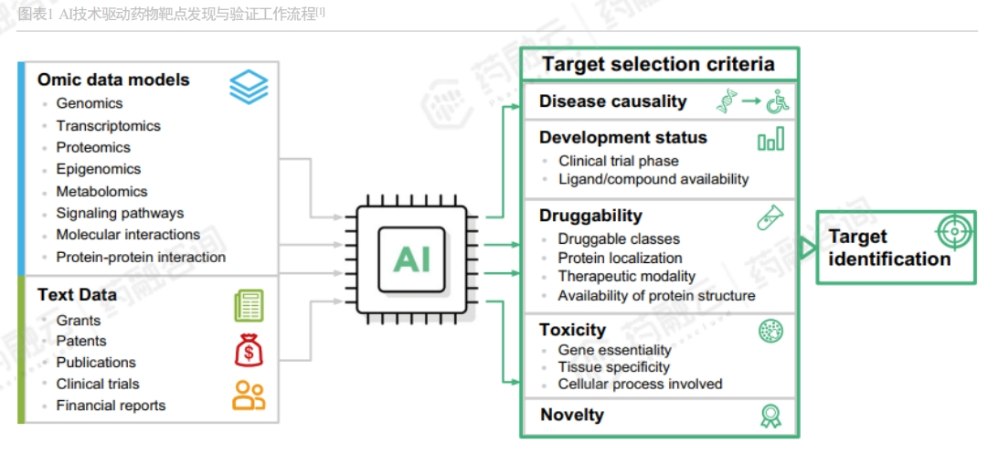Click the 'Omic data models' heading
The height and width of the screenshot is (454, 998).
pyautogui.click(x=113, y=79)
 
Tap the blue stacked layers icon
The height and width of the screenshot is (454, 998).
pyautogui.click(x=249, y=87)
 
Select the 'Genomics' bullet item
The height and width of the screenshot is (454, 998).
pyautogui.click(x=90, y=104)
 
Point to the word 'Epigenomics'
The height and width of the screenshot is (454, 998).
pyautogui.click(x=99, y=169)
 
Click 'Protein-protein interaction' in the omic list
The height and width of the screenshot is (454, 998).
pyautogui.click(x=141, y=257)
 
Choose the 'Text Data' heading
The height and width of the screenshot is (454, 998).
pyautogui.click(x=77, y=295)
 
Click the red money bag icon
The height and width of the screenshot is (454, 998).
pyautogui.click(x=249, y=350)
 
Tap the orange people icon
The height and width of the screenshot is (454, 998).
pyautogui.click(x=249, y=395)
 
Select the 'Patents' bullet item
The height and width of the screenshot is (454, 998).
pyautogui.click(x=81, y=341)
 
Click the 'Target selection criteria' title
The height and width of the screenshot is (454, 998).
pyautogui.click(x=658, y=64)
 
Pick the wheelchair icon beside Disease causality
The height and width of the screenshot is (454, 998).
pyautogui.click(x=778, y=102)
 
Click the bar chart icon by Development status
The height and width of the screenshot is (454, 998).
pyautogui.click(x=770, y=140)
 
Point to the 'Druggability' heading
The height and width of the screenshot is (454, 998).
pyautogui.click(x=590, y=216)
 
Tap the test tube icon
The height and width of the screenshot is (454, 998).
pyautogui.click(x=770, y=217)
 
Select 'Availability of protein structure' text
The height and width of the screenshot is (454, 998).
pyautogui.click(x=656, y=295)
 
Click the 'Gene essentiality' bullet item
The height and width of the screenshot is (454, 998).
pyautogui.click(x=614, y=350)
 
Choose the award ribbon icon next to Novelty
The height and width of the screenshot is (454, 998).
pyautogui.click(x=770, y=416)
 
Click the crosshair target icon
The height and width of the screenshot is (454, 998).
pyautogui.click(x=952, y=232)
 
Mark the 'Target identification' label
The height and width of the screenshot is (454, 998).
pyautogui.click(x=889, y=248)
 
